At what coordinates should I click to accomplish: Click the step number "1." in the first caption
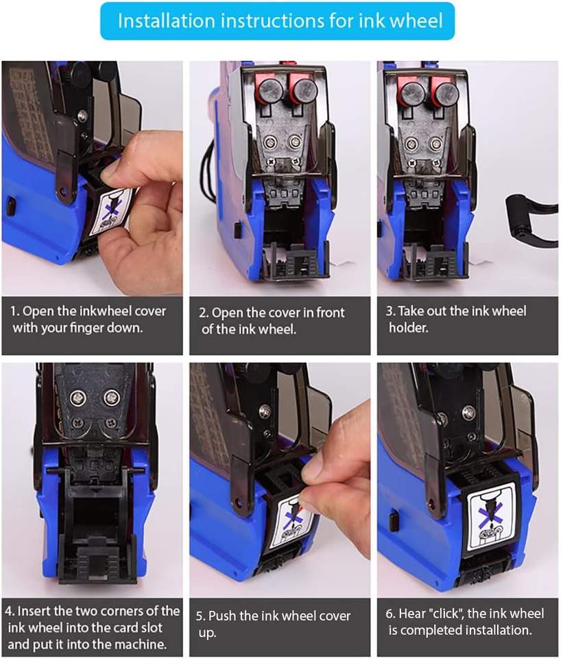(x=14, y=311)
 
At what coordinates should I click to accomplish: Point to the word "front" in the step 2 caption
(x=331, y=312)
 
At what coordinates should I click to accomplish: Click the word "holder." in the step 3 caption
(x=409, y=327)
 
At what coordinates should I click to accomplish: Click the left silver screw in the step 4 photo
(x=78, y=396)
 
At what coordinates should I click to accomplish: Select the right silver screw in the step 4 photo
(x=112, y=396)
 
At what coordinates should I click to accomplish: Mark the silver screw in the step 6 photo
(x=468, y=412)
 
